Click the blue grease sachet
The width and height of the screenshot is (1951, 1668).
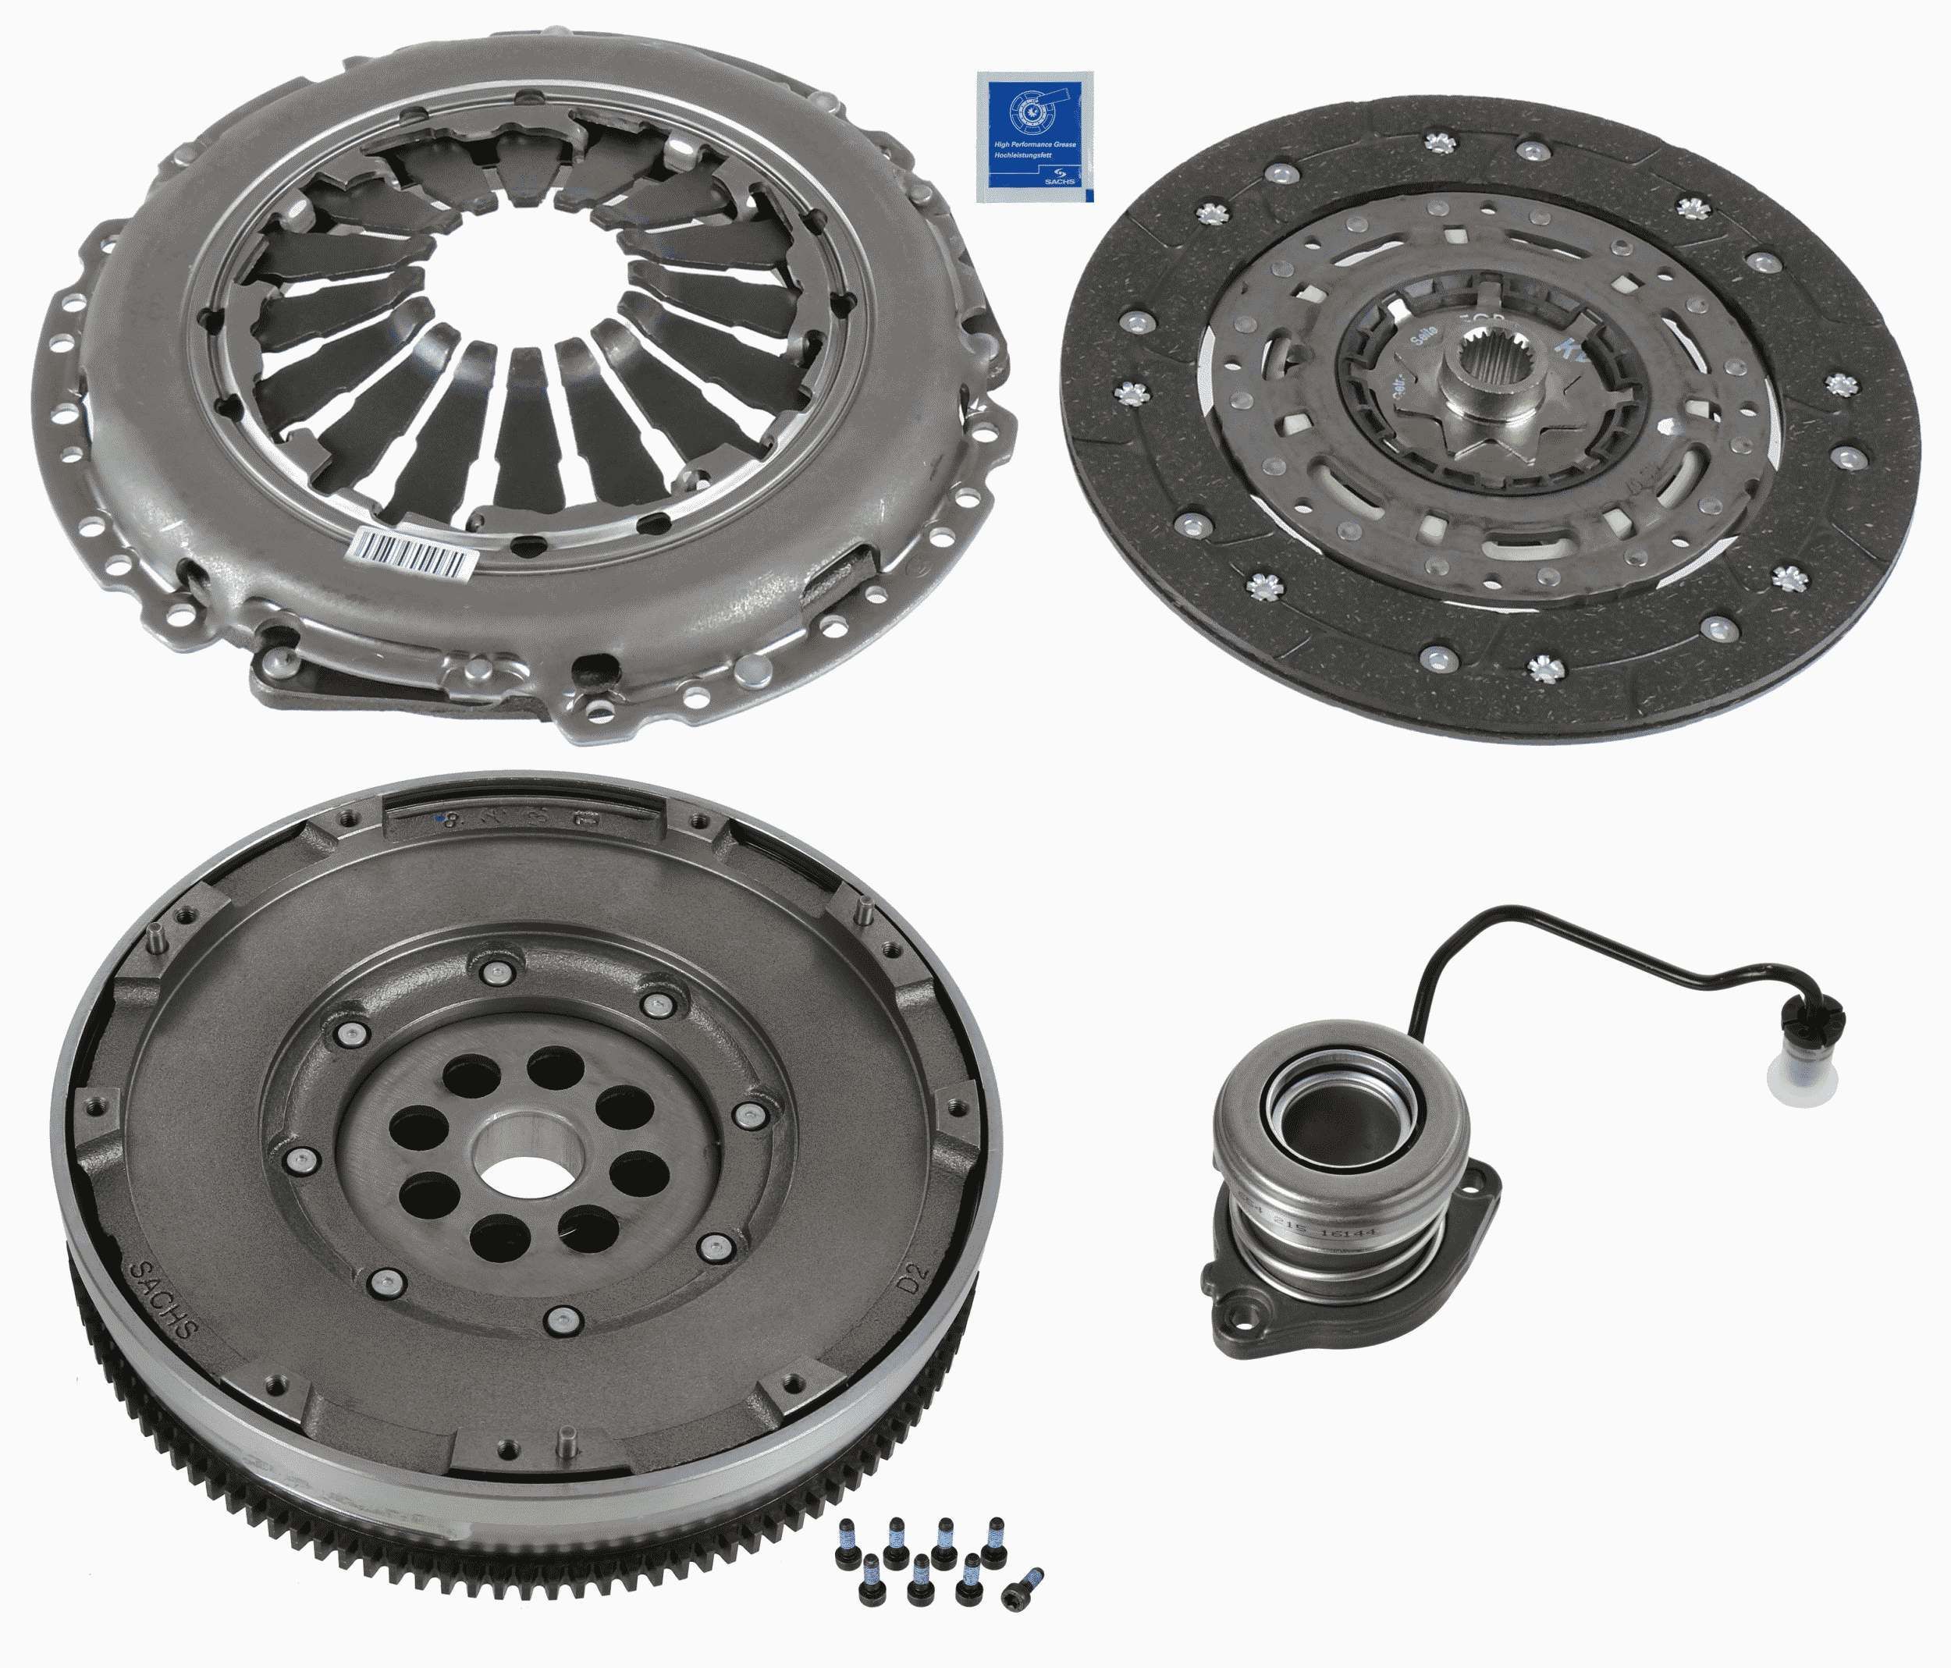[x=1036, y=137]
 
